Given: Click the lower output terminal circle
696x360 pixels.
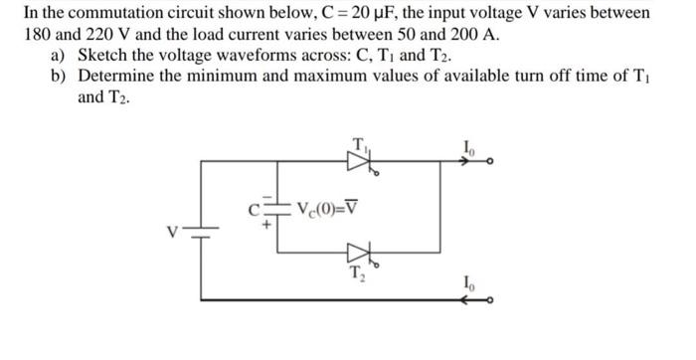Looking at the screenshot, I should click(491, 298).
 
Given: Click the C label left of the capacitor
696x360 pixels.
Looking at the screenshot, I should click(255, 209).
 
